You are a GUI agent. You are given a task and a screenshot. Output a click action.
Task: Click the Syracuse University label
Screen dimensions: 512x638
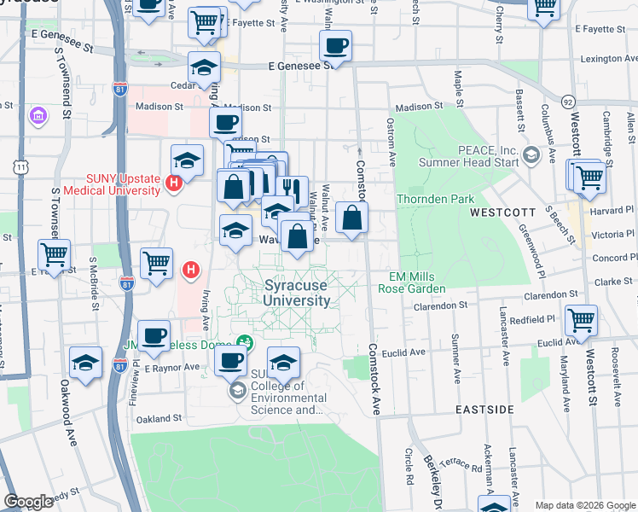297,294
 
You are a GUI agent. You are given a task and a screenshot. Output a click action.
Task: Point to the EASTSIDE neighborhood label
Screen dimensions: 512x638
484,410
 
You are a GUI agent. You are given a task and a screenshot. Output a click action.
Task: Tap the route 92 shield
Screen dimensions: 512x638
568,101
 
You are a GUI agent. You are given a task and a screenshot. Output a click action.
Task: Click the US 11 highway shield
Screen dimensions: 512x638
19,169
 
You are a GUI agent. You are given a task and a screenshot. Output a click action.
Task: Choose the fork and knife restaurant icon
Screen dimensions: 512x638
293,189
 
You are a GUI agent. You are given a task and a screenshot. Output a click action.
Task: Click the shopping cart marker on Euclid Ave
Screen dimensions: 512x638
581,321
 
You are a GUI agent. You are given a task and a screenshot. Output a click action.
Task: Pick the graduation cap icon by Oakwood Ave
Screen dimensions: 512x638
85,362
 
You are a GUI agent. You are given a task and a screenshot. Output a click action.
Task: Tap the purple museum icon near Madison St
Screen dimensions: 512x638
38,114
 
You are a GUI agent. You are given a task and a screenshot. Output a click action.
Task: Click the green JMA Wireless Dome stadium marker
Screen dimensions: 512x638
246,342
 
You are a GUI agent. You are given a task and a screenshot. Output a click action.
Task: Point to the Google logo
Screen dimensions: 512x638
29,502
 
